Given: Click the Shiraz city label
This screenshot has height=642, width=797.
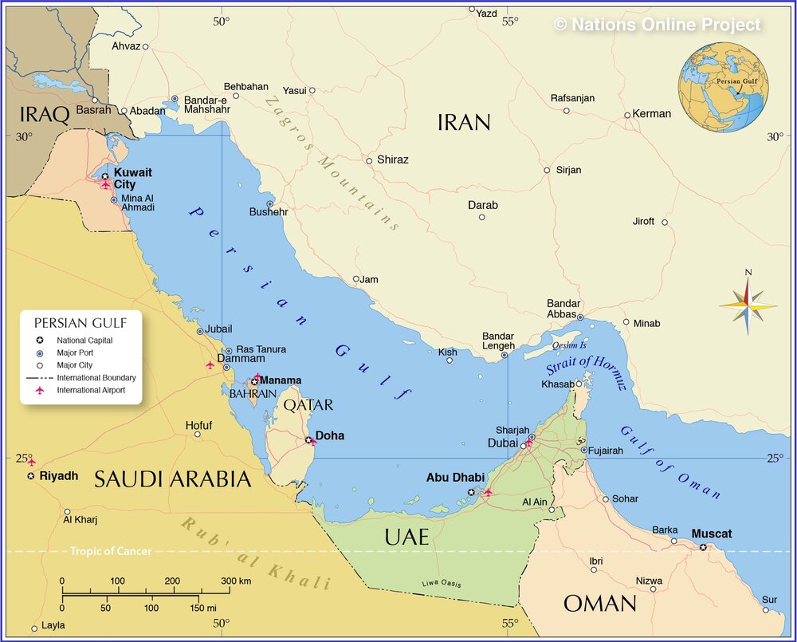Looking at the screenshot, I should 392,160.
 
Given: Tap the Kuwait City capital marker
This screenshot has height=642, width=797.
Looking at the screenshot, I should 105,176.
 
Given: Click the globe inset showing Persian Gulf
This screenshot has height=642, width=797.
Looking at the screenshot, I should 724,87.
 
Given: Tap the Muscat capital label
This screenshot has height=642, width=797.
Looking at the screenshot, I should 711,534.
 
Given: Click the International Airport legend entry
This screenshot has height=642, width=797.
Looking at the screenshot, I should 91,390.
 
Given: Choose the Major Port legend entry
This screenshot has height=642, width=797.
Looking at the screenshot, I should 74,353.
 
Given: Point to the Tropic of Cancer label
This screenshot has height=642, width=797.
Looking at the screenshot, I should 110,551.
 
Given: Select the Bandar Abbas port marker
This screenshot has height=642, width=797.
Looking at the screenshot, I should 580,317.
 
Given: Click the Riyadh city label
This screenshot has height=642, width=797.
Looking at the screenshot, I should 59,476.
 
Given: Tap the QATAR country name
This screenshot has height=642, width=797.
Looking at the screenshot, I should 308,405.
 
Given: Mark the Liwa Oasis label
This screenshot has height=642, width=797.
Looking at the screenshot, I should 442,584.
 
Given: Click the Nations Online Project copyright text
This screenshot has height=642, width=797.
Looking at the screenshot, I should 658,25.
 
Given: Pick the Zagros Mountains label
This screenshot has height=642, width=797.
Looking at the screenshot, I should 332,163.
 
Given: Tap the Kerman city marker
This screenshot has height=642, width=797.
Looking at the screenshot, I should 627,115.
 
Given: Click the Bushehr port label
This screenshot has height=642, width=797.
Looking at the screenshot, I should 269,212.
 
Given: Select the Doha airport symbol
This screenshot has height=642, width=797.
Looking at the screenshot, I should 313,443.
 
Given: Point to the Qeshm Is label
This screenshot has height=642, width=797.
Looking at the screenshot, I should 569,345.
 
